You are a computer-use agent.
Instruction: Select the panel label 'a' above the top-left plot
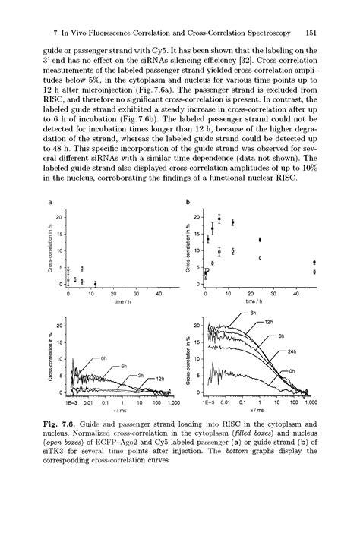pyautogui.click(x=50, y=203)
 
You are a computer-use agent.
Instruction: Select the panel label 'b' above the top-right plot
pyautogui.click(x=188, y=203)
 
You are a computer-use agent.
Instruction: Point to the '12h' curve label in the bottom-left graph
pyautogui.click(x=160, y=377)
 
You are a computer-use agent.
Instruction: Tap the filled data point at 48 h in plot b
pyautogui.click(x=314, y=263)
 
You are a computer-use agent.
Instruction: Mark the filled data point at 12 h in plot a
pyautogui.click(x=95, y=284)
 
